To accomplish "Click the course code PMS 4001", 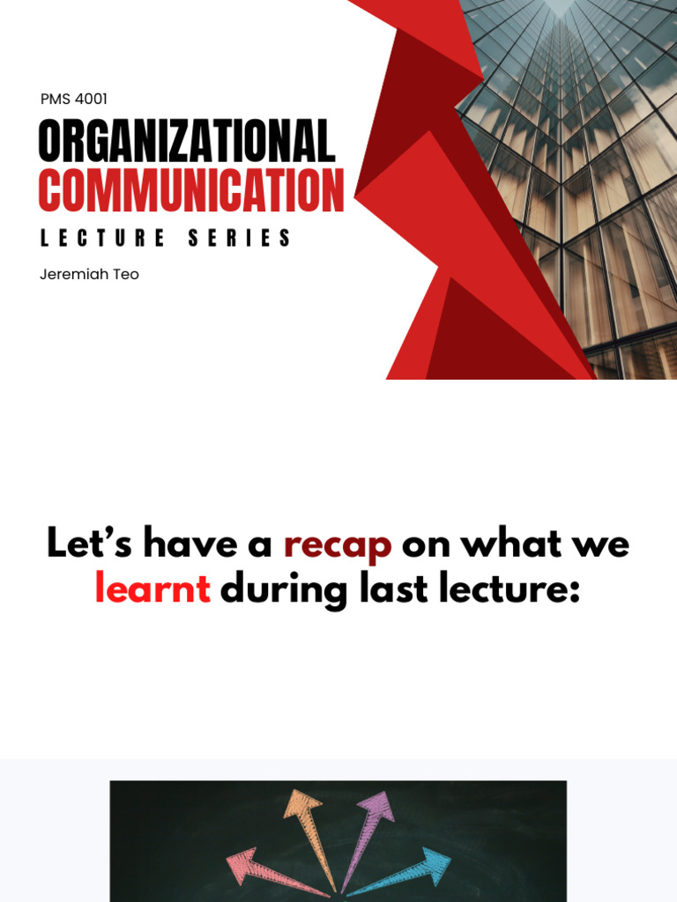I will pyautogui.click(x=74, y=100).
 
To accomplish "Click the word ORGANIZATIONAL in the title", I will pyautogui.click(x=187, y=142).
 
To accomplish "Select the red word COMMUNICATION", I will pyautogui.click(x=191, y=190).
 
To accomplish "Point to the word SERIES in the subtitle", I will pyautogui.click(x=240, y=239).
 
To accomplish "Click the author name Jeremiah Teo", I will pyautogui.click(x=89, y=274).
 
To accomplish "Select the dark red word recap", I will pyautogui.click(x=338, y=544).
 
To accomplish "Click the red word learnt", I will pyautogui.click(x=153, y=589).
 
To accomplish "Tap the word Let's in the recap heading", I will pyautogui.click(x=89, y=544).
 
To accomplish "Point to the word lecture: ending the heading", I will pyautogui.click(x=510, y=589).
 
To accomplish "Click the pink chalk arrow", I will pyautogui.click(x=273, y=872).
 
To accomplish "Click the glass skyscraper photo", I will pyautogui.click(x=582, y=176).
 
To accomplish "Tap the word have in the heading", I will pyautogui.click(x=188, y=544).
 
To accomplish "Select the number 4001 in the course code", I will pyautogui.click(x=91, y=100).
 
